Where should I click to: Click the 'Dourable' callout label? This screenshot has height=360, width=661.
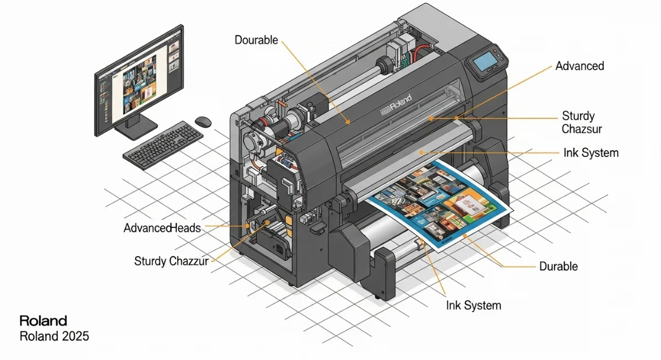[x=257, y=40]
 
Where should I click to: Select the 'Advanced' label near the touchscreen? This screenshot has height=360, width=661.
[x=579, y=66]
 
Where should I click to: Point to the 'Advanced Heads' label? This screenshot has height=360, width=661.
[x=162, y=228]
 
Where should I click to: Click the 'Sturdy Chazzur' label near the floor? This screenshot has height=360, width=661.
[x=171, y=261]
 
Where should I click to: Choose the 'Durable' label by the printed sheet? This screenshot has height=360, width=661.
[x=559, y=266]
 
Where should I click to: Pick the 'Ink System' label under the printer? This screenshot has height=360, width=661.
[x=474, y=305]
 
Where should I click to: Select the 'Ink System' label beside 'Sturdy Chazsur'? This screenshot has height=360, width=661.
[x=591, y=153]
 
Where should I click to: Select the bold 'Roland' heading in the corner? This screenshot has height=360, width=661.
[x=43, y=320]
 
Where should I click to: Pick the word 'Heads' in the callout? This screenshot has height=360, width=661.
[x=186, y=228]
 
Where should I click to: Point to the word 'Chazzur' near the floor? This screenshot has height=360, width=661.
[x=189, y=261]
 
